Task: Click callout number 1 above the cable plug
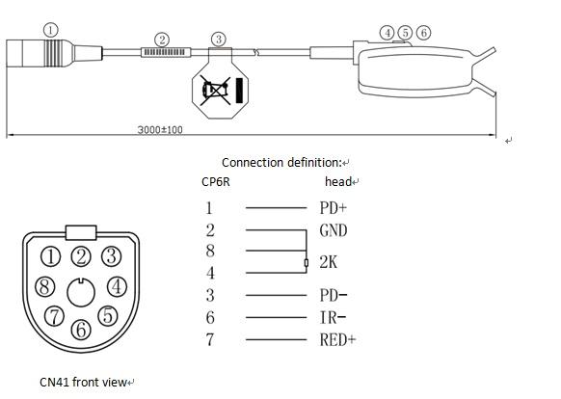point(50,30)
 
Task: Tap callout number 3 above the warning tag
point(219,39)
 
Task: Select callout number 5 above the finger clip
point(405,33)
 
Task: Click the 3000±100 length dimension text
point(160,129)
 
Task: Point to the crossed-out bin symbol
point(216,90)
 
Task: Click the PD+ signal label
point(334,207)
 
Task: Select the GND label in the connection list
point(334,230)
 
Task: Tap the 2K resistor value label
point(329,262)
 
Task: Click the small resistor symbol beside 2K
point(307,263)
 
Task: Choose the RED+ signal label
point(337,339)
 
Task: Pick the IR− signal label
point(333,317)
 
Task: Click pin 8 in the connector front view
point(45,286)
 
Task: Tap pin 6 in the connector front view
point(81,330)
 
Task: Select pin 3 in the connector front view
point(111,256)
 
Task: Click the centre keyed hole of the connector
point(81,293)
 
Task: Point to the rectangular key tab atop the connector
point(81,232)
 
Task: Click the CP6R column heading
point(216,182)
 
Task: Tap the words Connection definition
point(281,163)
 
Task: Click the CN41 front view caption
point(83,383)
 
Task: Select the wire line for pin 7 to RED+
point(277,339)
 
